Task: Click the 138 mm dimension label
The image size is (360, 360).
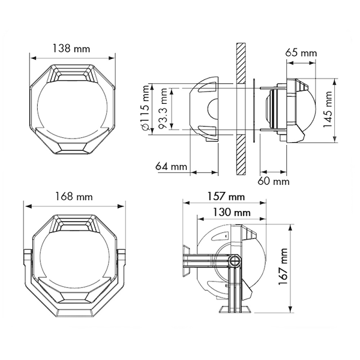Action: (x=71, y=49)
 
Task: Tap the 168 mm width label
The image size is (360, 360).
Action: (x=74, y=197)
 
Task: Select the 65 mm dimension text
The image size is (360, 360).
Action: (x=301, y=53)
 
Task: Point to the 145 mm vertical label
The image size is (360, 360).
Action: (x=328, y=109)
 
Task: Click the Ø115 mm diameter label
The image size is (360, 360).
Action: (x=146, y=108)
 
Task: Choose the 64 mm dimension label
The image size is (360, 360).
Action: (x=171, y=166)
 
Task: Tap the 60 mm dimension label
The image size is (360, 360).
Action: (x=274, y=181)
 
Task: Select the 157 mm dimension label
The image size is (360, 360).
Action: (x=226, y=197)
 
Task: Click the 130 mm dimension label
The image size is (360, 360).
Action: (x=232, y=212)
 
